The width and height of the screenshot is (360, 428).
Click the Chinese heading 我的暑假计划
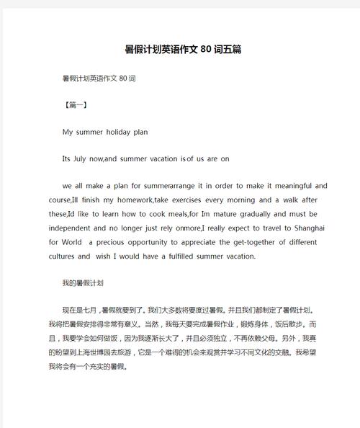coord(84,283)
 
